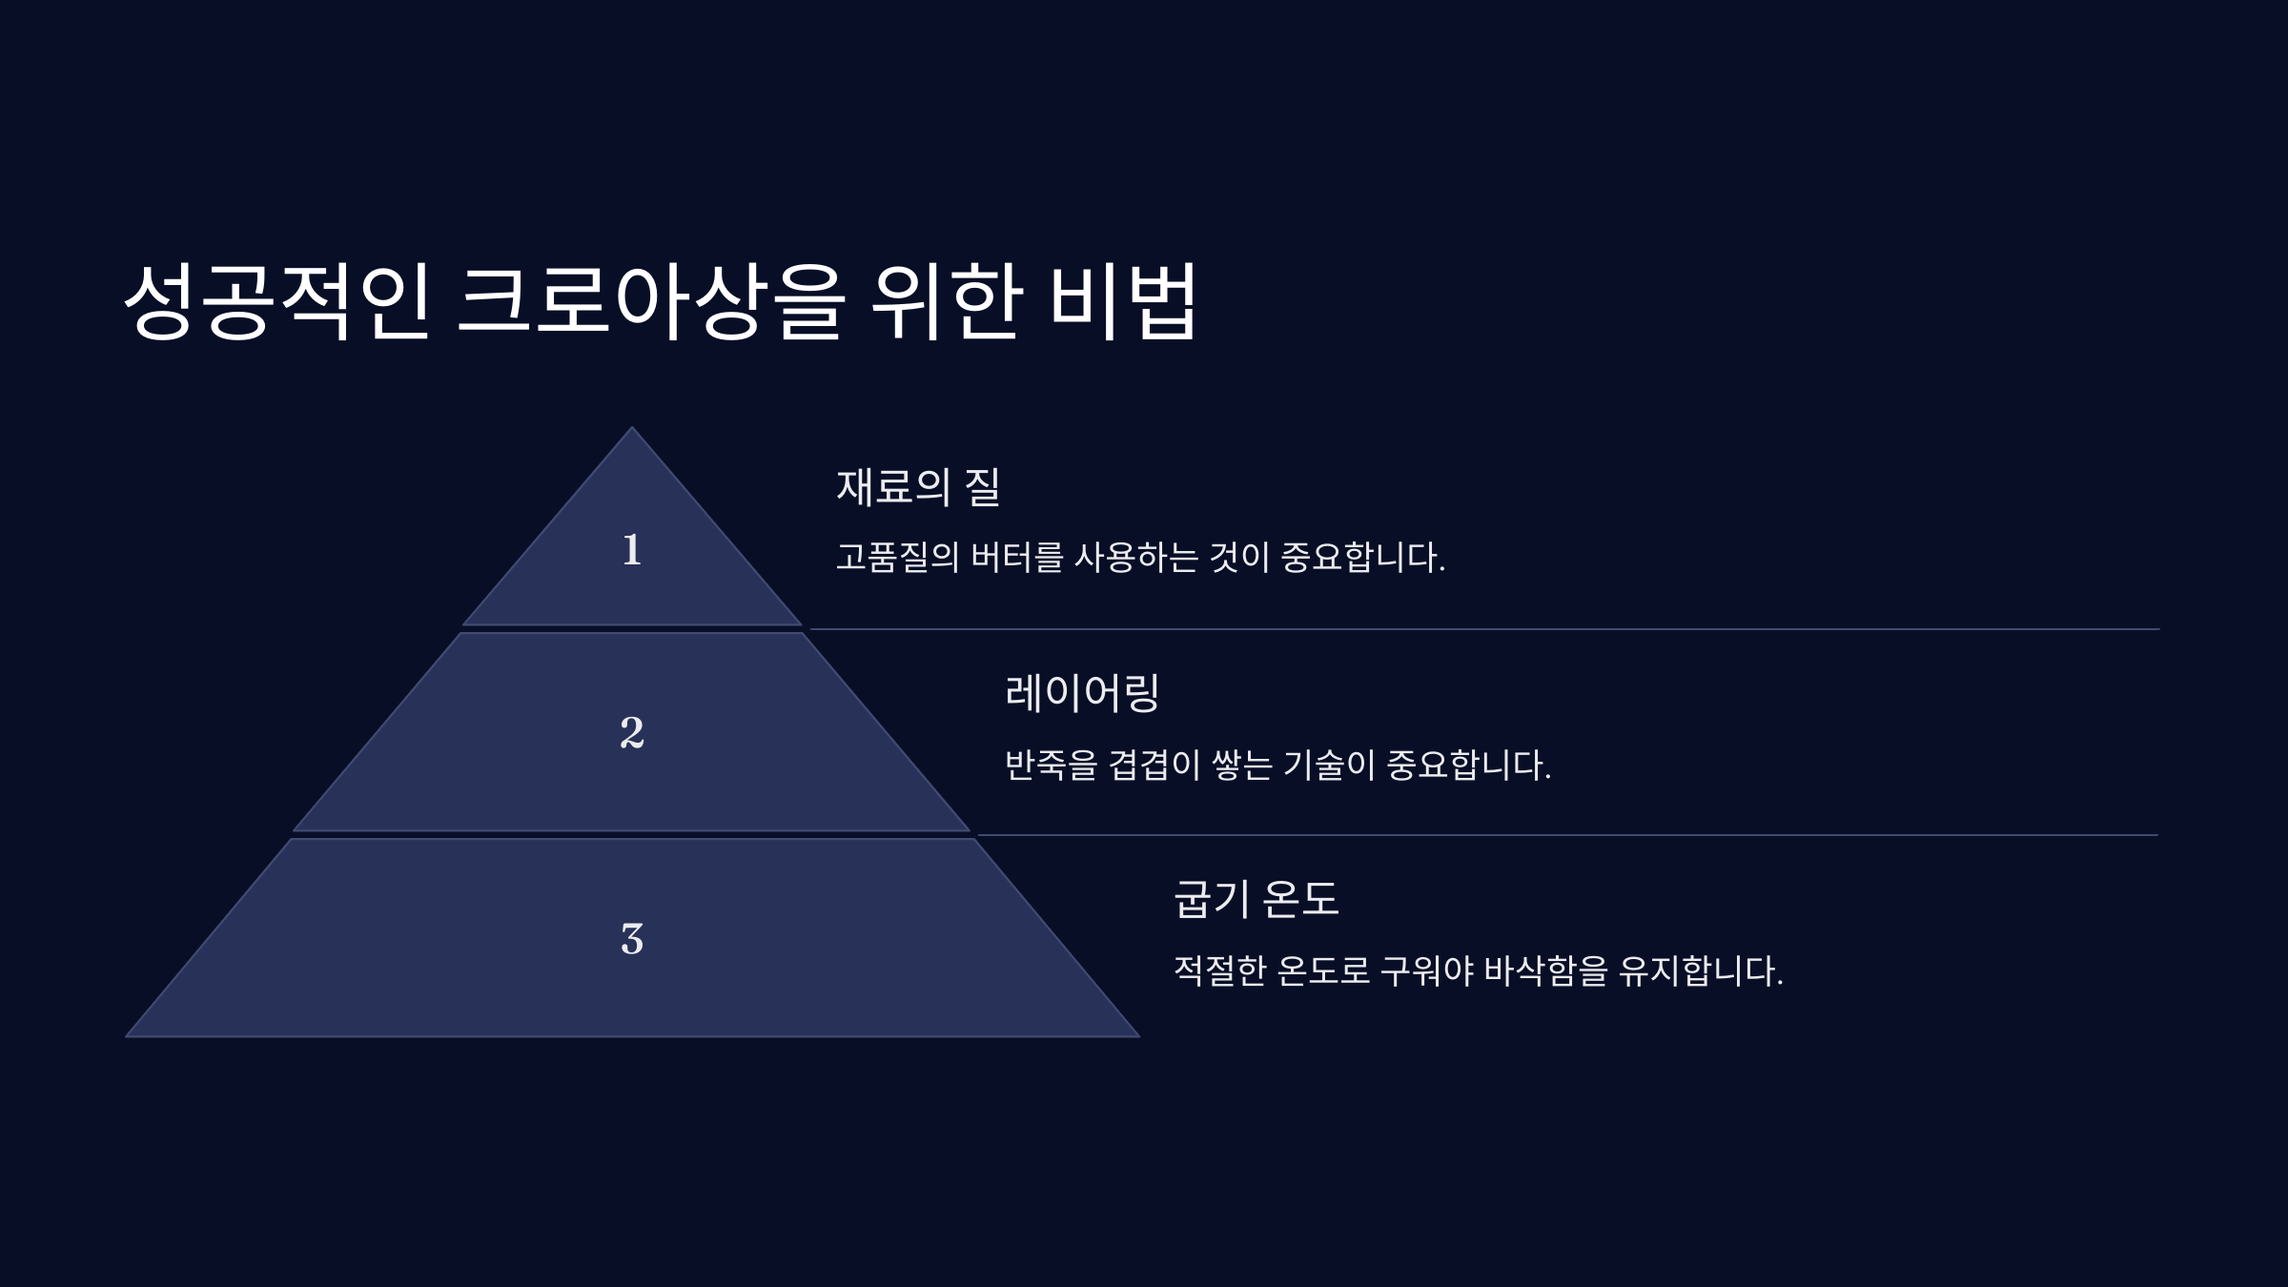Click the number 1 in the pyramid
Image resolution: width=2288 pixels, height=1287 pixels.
coord(631,550)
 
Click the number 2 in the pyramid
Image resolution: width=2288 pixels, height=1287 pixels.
coord(631,732)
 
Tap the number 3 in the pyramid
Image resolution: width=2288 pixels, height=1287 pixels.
coord(631,939)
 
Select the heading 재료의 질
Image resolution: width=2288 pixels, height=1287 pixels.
coord(917,486)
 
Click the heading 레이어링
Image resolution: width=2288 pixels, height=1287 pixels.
coord(1081,693)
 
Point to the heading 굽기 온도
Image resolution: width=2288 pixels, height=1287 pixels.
coord(1256,899)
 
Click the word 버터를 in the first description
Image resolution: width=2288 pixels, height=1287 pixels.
coord(1016,558)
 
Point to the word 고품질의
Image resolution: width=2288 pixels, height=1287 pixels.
coord(897,558)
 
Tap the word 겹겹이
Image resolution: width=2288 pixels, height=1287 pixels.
coord(1154,765)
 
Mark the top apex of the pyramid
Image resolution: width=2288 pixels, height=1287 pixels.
coord(631,428)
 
